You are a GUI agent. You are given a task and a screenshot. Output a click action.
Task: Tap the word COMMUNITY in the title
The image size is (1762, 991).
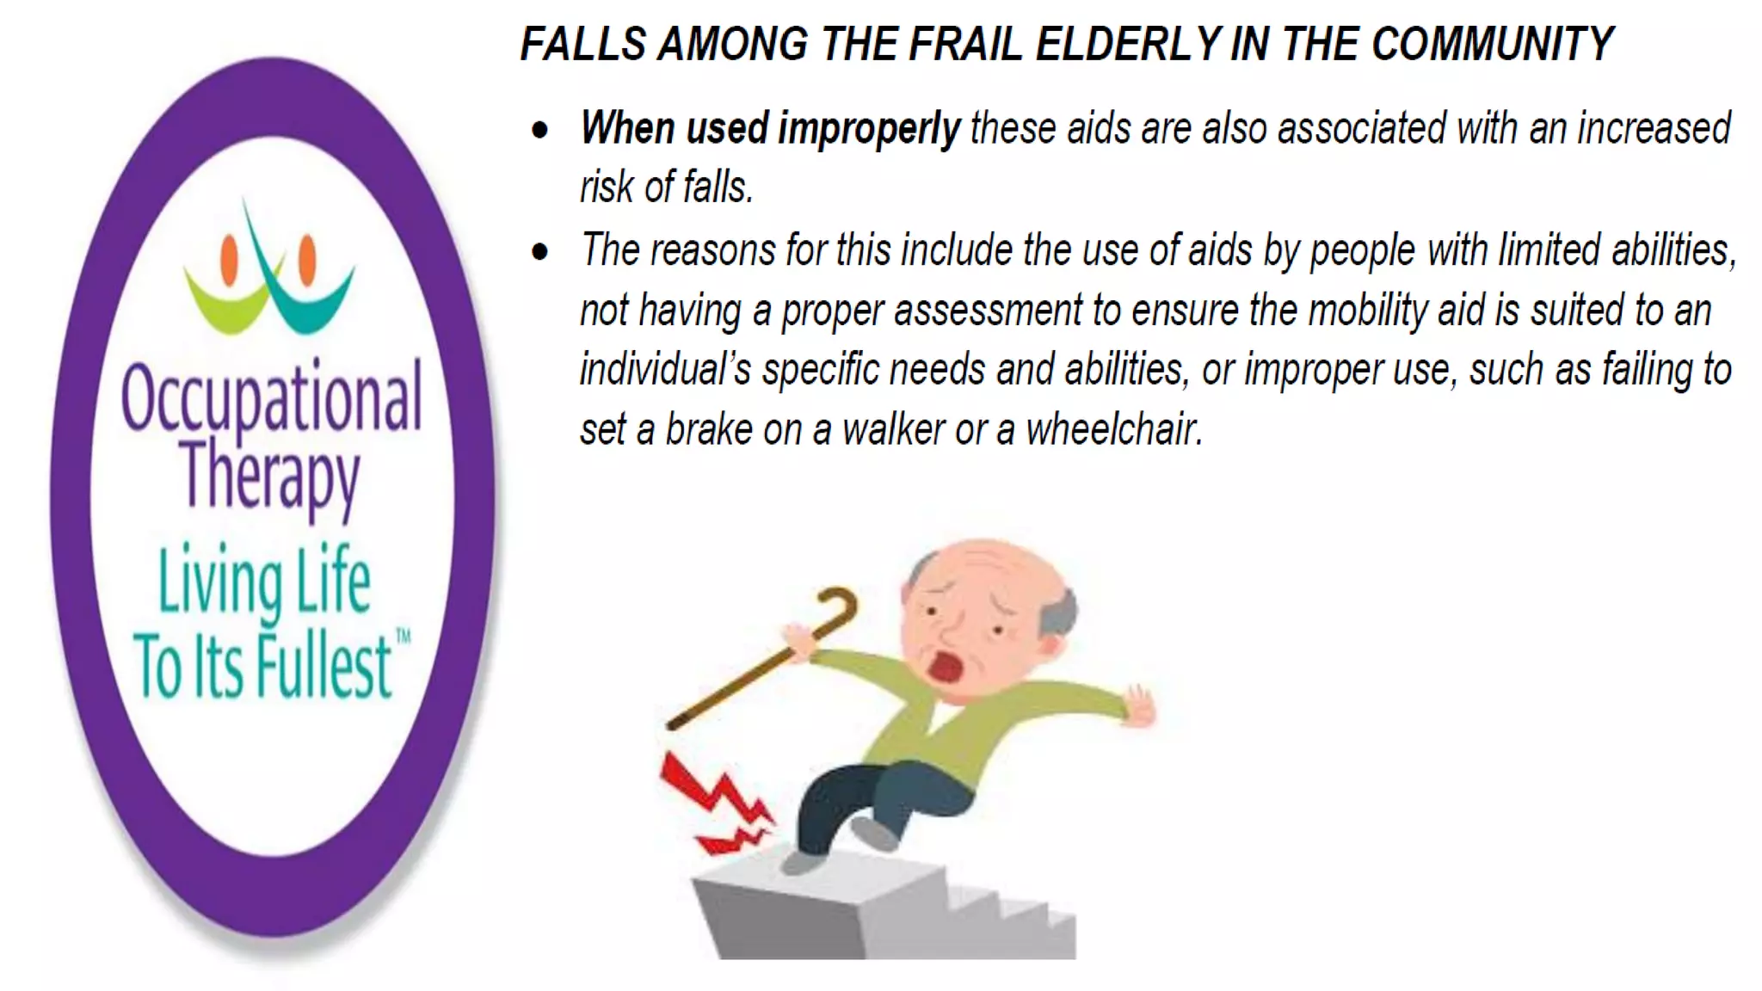[1492, 44]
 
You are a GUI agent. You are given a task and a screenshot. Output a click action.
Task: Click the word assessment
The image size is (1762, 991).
[987, 310]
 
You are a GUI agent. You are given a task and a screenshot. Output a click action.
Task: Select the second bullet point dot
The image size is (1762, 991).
[540, 252]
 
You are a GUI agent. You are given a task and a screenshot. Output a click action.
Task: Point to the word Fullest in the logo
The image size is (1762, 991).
[323, 667]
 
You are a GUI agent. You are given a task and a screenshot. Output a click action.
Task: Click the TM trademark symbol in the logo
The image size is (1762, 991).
[403, 637]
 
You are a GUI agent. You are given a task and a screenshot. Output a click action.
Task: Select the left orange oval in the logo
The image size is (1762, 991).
[229, 260]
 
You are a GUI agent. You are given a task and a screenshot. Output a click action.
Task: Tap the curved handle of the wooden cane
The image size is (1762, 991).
[839, 602]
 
